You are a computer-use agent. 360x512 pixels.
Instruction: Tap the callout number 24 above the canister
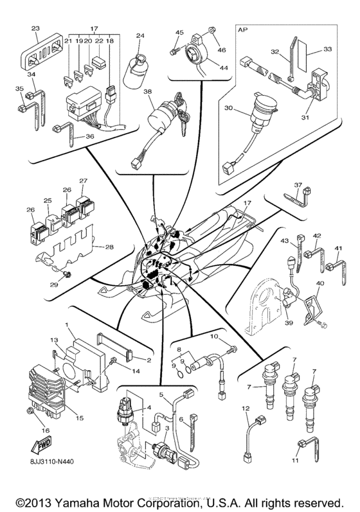(140, 36)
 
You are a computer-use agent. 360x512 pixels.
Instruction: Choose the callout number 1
(65, 326)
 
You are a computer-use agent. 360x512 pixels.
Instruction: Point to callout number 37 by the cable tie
(298, 184)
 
